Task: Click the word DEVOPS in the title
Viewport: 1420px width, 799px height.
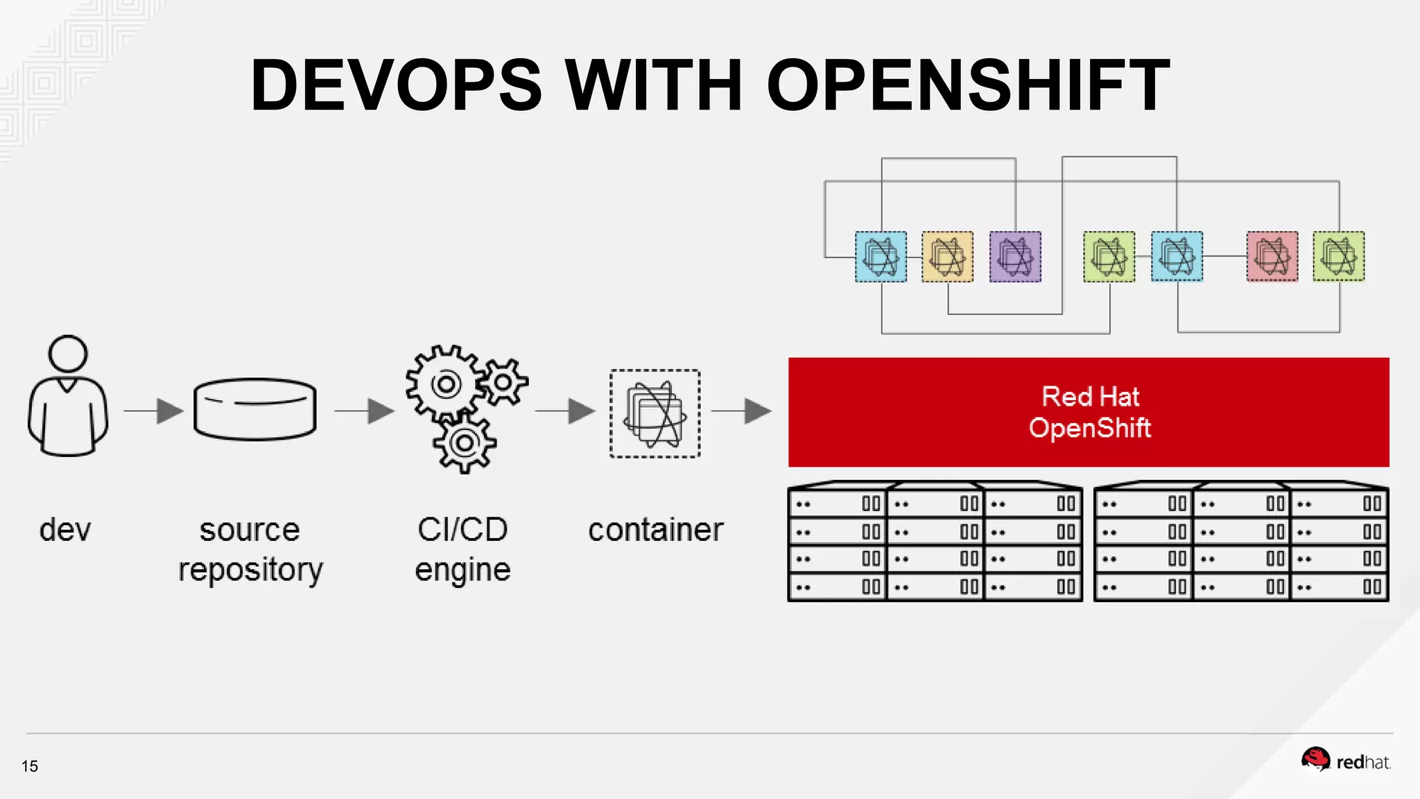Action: [396, 85]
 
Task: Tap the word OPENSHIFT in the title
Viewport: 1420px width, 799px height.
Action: [968, 85]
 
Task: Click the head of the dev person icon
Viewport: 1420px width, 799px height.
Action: [68, 354]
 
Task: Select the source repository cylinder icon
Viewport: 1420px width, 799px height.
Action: [255, 409]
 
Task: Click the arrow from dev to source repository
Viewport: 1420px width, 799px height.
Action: [154, 411]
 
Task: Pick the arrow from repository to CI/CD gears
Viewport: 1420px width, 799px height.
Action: [365, 411]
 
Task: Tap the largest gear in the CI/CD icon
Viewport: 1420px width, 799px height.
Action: [446, 384]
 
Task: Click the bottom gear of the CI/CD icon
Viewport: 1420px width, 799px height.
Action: [465, 443]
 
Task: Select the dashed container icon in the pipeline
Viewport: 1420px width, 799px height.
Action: [655, 413]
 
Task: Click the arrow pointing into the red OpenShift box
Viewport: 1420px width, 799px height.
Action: [743, 411]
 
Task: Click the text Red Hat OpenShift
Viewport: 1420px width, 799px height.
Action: [1089, 413]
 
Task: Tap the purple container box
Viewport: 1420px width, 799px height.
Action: [1015, 257]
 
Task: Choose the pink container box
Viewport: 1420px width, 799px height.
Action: [1272, 257]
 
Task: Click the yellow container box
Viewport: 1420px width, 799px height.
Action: [947, 257]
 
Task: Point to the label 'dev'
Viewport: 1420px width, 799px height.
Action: [65, 530]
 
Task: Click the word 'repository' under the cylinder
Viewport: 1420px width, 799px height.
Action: [250, 570]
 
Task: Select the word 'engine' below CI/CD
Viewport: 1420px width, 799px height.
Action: [462, 570]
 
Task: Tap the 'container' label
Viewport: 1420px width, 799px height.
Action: [655, 530]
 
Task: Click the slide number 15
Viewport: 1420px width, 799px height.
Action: [30, 766]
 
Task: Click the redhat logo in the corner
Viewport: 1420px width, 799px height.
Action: [1346, 761]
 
